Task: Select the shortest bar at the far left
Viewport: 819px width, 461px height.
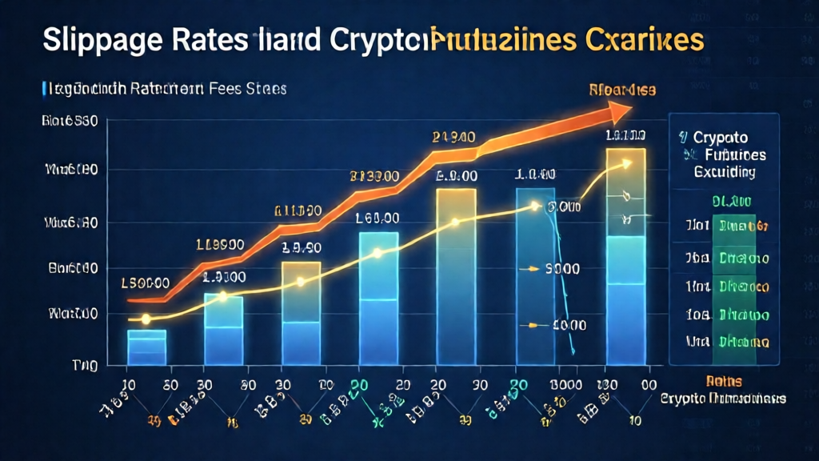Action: [x=146, y=346]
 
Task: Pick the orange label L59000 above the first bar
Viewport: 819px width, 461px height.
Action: [x=145, y=283]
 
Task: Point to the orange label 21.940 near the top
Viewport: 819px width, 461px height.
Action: [x=454, y=137]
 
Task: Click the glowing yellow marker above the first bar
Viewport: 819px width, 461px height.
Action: [x=146, y=319]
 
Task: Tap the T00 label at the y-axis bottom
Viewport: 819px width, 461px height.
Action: [x=84, y=366]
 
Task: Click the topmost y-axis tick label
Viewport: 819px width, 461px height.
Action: [x=70, y=122]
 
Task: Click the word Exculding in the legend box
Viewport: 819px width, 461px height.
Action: [x=725, y=171]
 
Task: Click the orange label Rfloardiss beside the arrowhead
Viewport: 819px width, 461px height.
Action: [x=621, y=90]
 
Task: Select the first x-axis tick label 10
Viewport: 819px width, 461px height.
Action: [x=128, y=383]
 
